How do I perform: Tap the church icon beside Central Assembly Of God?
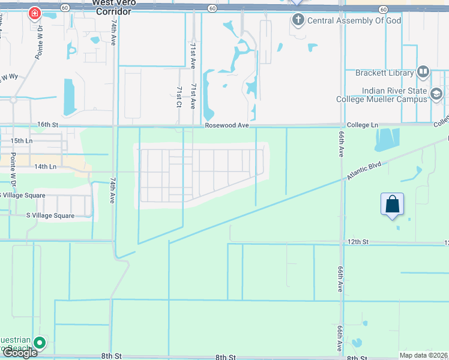pyautogui.click(x=298, y=20)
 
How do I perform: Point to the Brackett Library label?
pyautogui.click(x=385, y=73)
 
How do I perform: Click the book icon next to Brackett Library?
pyautogui.click(x=423, y=72)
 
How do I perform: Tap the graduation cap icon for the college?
pyautogui.click(x=436, y=94)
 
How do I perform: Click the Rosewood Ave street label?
pyautogui.click(x=226, y=125)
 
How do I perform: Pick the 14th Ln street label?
pyautogui.click(x=45, y=166)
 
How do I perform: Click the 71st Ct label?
pyautogui.click(x=179, y=96)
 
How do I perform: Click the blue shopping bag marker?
pyautogui.click(x=392, y=204)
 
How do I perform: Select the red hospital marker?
pyautogui.click(x=35, y=13)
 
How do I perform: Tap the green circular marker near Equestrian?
pyautogui.click(x=40, y=343)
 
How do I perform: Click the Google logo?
pyautogui.click(x=20, y=353)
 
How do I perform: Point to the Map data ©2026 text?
pyautogui.click(x=424, y=355)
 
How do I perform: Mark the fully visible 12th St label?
pyautogui.click(x=357, y=242)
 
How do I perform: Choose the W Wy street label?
pyautogui.click(x=10, y=77)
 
